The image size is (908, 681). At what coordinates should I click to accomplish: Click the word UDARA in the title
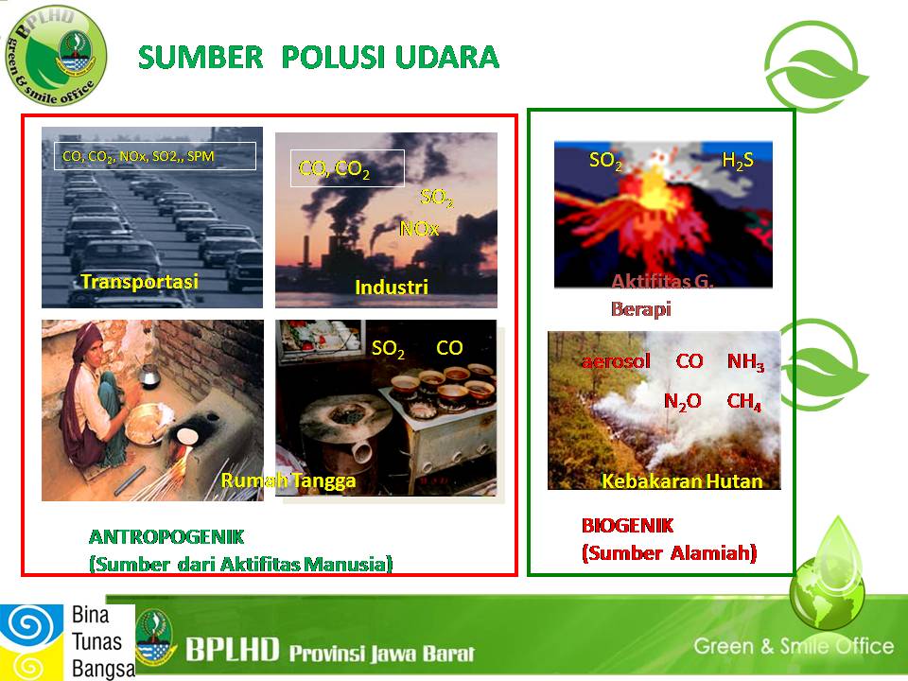tap(447, 58)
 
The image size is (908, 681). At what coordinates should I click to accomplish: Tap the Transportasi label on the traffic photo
tap(140, 282)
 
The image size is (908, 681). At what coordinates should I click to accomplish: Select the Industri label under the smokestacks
tap(392, 288)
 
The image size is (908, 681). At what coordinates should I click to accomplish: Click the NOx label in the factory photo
tap(419, 229)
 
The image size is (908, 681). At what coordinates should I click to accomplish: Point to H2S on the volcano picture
tap(738, 161)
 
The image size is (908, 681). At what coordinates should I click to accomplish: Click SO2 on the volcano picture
tap(605, 161)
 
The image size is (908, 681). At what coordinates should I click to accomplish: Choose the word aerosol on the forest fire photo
tap(616, 361)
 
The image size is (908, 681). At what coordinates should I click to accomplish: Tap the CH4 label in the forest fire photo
tap(743, 401)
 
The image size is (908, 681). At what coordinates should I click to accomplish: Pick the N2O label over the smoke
tap(682, 401)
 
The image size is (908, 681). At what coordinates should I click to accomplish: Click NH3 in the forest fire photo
tap(746, 362)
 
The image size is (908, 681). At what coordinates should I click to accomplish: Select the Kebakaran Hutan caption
tap(682, 481)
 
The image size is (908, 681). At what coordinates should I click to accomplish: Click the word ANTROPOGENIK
tap(166, 537)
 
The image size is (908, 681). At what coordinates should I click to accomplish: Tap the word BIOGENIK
tap(628, 526)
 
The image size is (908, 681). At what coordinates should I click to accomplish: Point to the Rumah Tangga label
tap(288, 480)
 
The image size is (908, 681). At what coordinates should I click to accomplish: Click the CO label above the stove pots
tap(449, 348)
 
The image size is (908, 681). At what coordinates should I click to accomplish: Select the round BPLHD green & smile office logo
tap(56, 56)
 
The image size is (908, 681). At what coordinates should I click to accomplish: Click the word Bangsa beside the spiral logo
tap(103, 669)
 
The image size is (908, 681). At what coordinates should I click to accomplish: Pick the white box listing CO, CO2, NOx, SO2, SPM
tap(155, 156)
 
